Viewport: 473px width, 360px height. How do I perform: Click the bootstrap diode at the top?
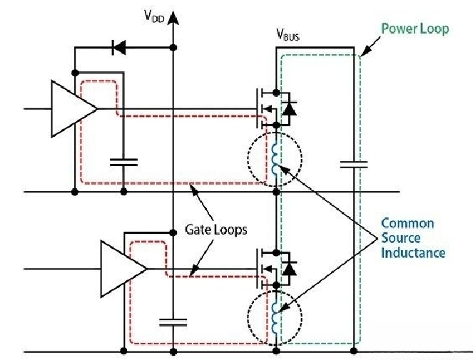tap(121, 48)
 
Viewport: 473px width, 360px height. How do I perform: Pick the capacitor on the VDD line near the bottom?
tap(173, 322)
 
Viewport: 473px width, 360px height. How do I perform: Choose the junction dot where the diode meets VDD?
tap(173, 48)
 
